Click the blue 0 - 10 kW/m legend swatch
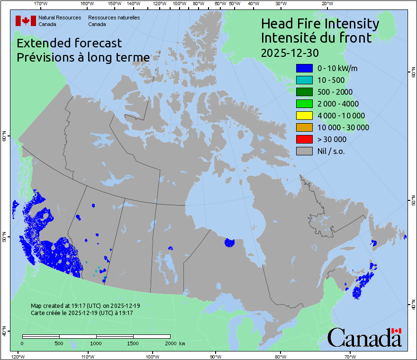tap(304, 68)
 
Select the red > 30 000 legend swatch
tap(304, 139)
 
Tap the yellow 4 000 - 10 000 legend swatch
tap(304, 116)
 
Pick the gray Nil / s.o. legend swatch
tap(304, 151)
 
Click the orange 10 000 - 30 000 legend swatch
tap(304, 127)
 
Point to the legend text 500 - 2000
tap(335, 92)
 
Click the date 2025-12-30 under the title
tap(290, 52)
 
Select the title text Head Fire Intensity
tap(320, 24)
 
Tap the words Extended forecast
tap(69, 43)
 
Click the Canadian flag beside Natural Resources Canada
tap(26, 20)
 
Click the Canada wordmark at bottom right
tap(364, 338)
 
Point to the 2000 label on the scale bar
tap(170, 343)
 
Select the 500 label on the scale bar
tap(59, 343)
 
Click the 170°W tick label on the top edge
tap(41, 4)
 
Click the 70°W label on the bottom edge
tap(350, 356)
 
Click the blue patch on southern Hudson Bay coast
tap(229, 243)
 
